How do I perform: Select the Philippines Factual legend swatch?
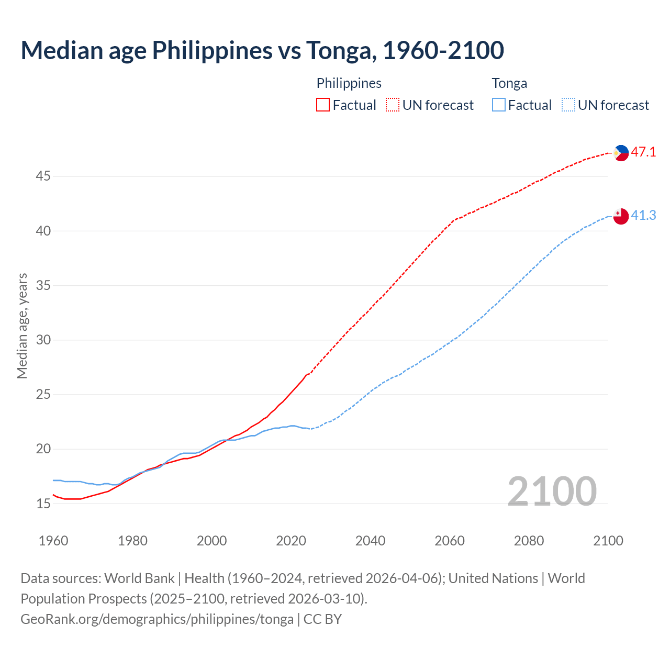click(323, 105)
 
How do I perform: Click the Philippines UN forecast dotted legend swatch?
click(393, 105)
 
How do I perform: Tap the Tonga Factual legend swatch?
click(499, 105)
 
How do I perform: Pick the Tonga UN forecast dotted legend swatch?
click(568, 105)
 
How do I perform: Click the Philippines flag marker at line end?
click(621, 153)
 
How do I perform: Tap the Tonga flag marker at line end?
click(621, 216)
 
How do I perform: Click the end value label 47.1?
click(643, 152)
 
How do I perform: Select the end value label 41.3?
click(643, 216)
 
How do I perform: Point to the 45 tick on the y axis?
click(43, 176)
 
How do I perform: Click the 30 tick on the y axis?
click(43, 340)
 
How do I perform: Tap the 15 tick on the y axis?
click(43, 504)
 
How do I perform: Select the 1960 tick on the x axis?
click(53, 541)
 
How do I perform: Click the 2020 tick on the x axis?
click(291, 541)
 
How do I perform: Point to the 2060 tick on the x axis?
click(450, 541)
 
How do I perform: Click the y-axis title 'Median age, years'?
click(22, 326)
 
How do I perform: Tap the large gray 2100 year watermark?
click(552, 492)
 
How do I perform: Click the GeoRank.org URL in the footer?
click(157, 619)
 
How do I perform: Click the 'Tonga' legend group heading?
click(509, 83)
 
